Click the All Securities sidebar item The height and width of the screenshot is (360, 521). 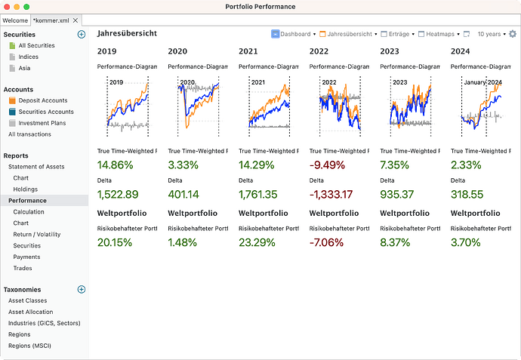click(36, 46)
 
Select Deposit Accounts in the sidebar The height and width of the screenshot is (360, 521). click(43, 100)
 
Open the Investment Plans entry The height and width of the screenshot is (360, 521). click(42, 123)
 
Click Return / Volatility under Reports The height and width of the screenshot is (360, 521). click(37, 235)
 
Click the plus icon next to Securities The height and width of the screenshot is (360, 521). click(82, 35)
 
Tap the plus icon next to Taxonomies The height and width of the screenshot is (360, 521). click(82, 289)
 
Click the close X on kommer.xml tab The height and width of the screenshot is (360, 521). click(76, 20)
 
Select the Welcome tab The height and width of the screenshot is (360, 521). click(15, 20)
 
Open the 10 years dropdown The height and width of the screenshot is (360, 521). click(491, 34)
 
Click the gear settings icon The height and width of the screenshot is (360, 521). click(513, 34)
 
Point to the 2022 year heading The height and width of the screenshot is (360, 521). click(319, 51)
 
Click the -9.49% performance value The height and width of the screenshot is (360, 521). click(327, 165)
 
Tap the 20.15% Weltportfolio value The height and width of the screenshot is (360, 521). click(115, 242)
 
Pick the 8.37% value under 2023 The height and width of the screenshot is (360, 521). click(397, 242)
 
